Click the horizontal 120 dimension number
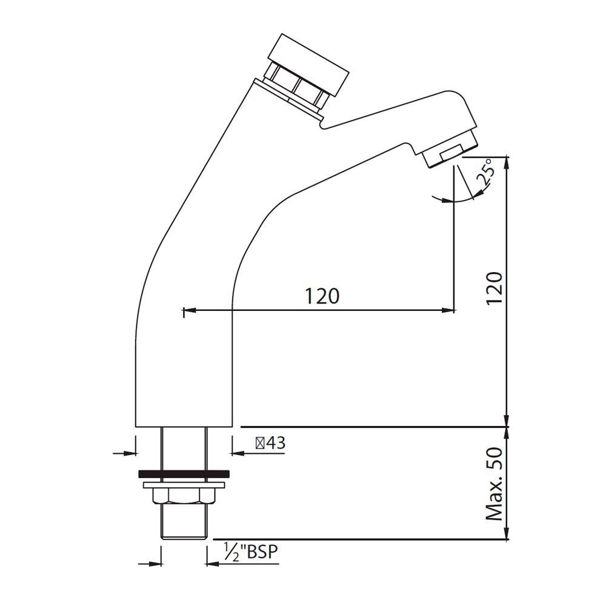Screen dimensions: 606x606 point(321,296)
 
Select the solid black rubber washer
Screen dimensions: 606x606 point(184,473)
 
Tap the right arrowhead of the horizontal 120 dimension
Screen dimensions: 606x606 point(448,311)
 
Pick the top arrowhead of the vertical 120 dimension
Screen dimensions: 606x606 point(507,161)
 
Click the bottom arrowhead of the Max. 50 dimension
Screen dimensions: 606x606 point(507,534)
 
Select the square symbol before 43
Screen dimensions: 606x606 point(259,443)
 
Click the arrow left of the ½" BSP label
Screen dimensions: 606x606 point(212,564)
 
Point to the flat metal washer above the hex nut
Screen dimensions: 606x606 point(184,485)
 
